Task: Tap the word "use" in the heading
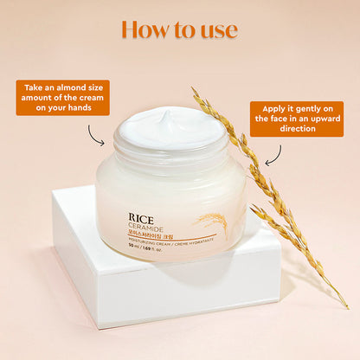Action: (x=216, y=29)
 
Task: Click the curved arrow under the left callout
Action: (x=96, y=131)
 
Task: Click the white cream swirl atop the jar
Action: (x=174, y=129)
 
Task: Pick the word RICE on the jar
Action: (x=141, y=208)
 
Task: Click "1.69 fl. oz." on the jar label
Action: (x=158, y=249)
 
